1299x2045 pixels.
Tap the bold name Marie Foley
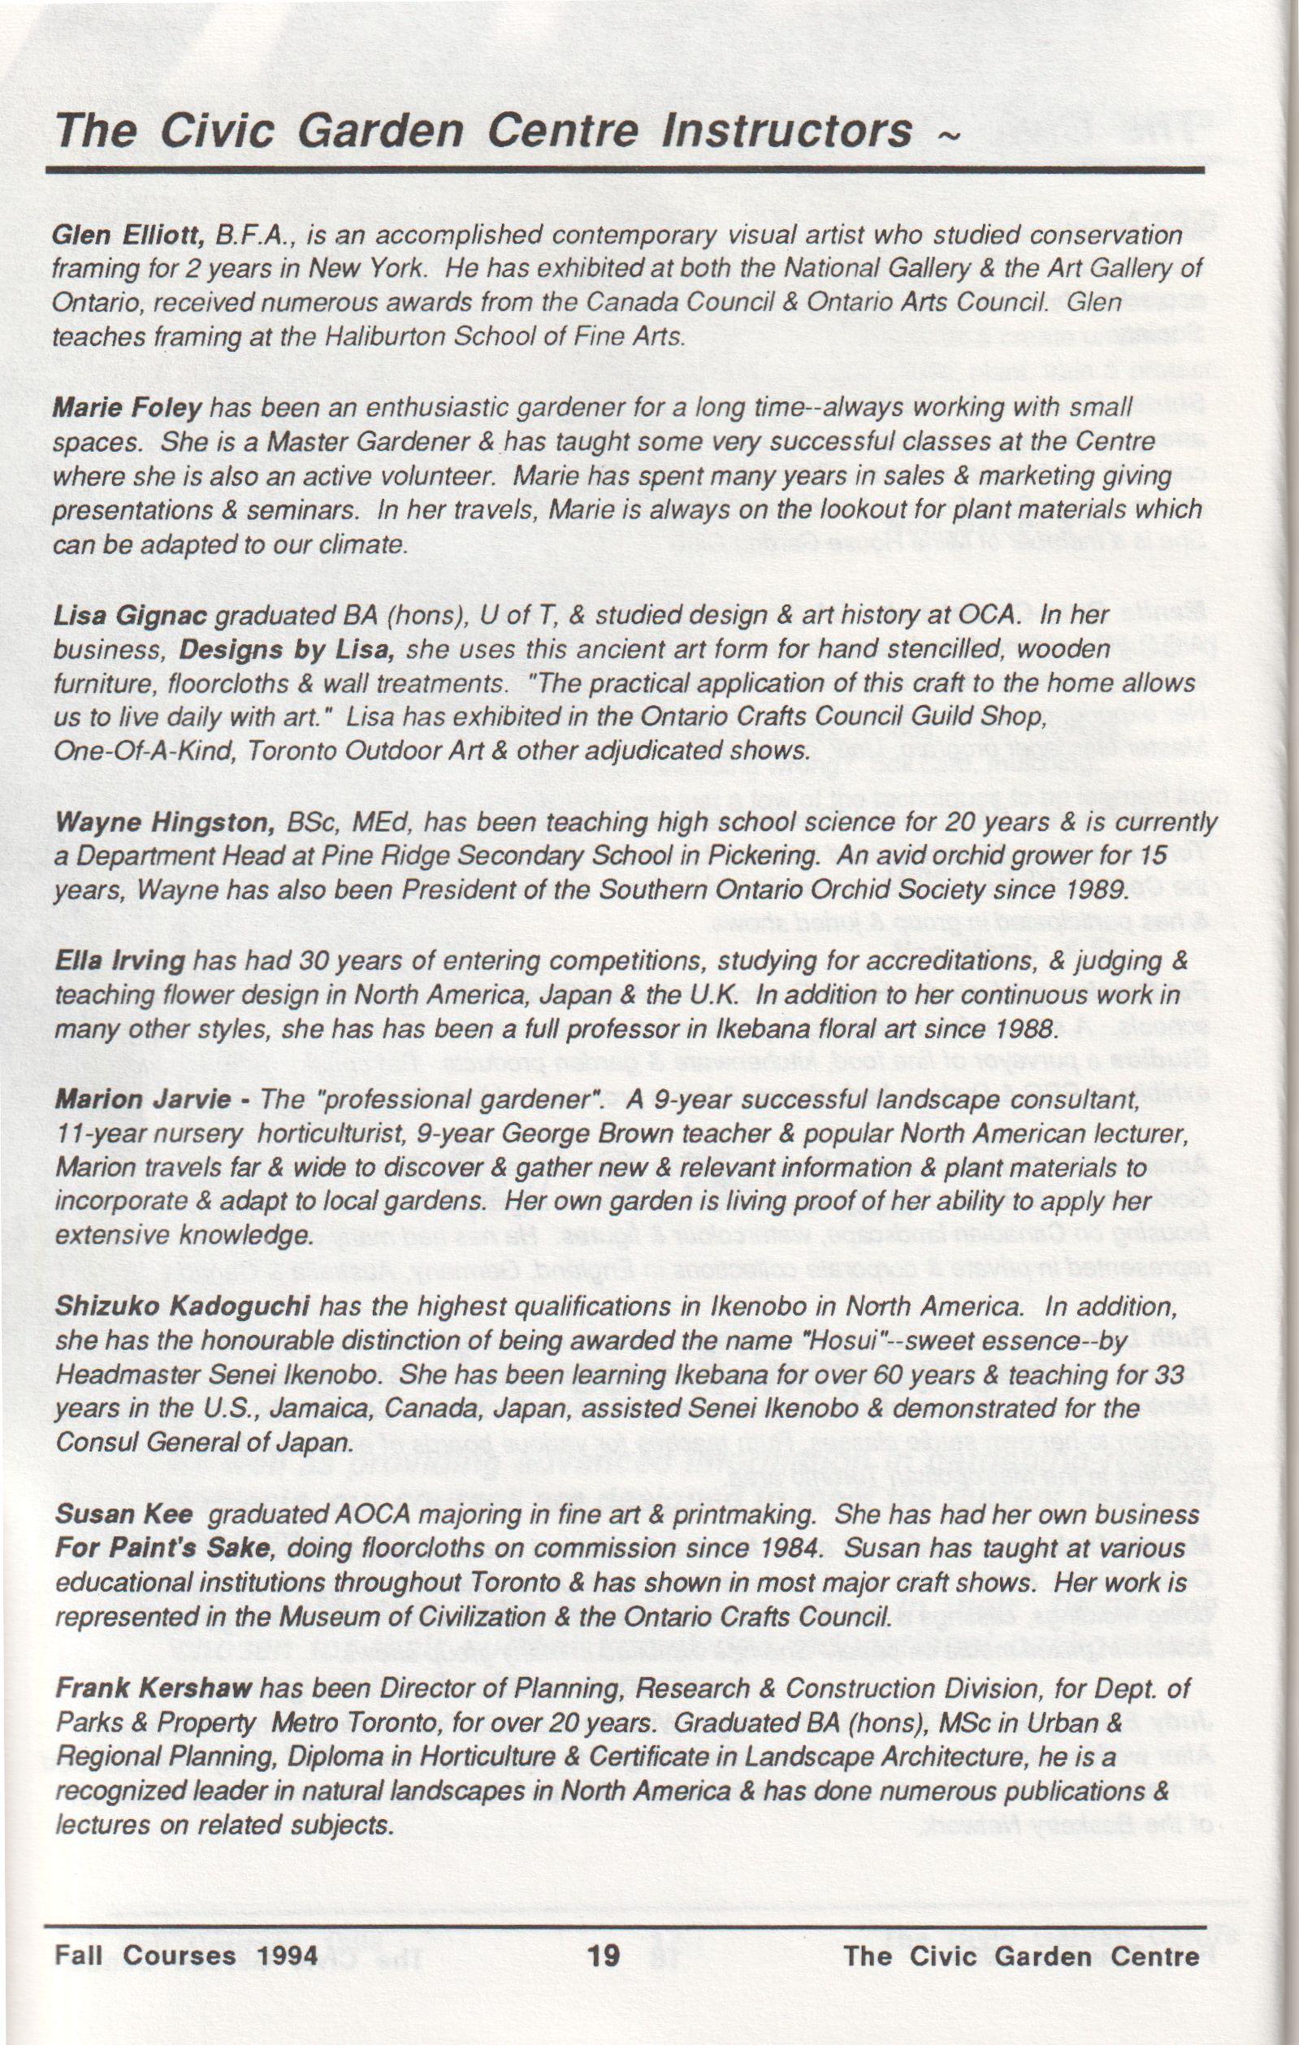pyautogui.click(x=127, y=409)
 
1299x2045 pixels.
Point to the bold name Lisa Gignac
pyautogui.click(x=130, y=616)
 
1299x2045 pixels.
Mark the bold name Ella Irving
pyautogui.click(x=119, y=961)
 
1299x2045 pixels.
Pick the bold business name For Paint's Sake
pyautogui.click(x=162, y=1549)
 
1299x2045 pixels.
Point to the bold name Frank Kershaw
pyautogui.click(x=153, y=1688)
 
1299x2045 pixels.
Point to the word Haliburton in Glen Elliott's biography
pyautogui.click(x=363, y=337)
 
